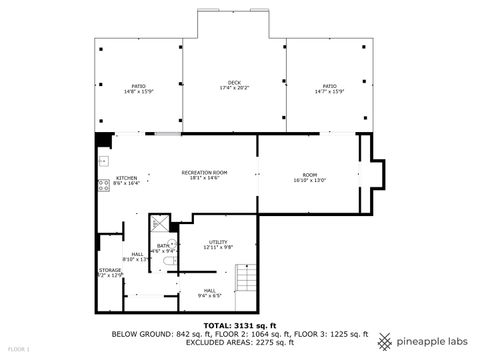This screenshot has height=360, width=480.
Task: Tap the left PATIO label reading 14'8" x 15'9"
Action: coord(138,89)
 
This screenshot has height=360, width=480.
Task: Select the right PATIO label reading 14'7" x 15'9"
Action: coord(328,89)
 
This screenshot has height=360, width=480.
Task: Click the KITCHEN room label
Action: coord(125,181)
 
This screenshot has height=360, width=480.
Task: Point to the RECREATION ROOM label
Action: coord(204,175)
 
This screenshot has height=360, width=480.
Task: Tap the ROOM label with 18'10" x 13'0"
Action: coord(310,178)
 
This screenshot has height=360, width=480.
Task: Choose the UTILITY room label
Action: coord(219,245)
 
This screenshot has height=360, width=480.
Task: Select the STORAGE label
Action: coord(109,272)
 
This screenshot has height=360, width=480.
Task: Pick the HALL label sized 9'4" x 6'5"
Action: coord(210,293)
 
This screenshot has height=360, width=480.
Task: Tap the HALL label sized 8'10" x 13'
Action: coord(138,257)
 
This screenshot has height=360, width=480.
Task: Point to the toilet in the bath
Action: coord(170,262)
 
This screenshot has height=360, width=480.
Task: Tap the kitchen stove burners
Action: coord(102,183)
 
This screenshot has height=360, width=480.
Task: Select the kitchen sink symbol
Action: coord(101,160)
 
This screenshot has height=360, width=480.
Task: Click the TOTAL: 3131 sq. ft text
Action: coord(239,325)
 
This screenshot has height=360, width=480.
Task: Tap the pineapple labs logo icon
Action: coord(388,339)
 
